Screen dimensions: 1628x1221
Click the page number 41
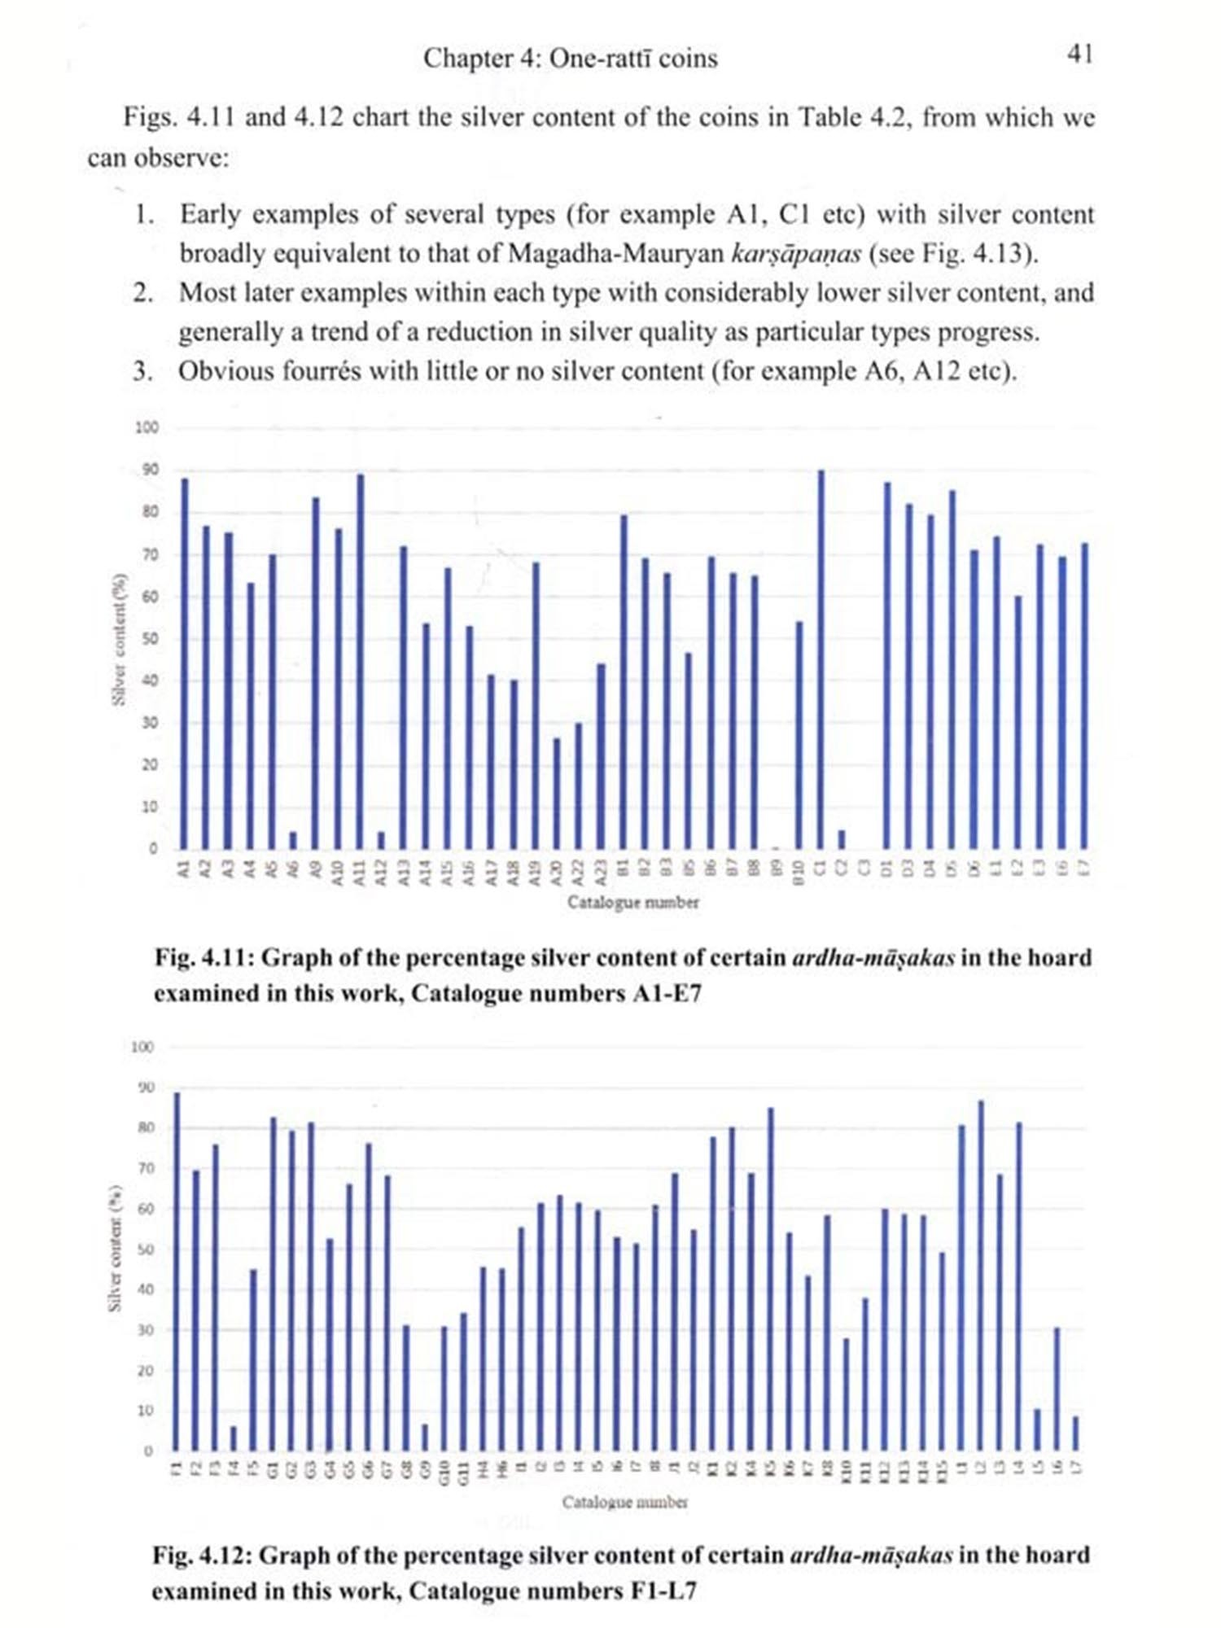(1079, 55)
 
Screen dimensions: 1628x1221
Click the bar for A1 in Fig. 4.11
(185, 663)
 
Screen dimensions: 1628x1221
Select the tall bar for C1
(821, 659)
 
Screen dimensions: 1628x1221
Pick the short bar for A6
(293, 839)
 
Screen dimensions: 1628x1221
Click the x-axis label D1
(887, 868)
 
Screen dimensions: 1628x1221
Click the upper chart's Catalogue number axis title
(632, 902)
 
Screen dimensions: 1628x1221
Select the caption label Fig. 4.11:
(203, 957)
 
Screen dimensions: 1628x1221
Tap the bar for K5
(770, 1279)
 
